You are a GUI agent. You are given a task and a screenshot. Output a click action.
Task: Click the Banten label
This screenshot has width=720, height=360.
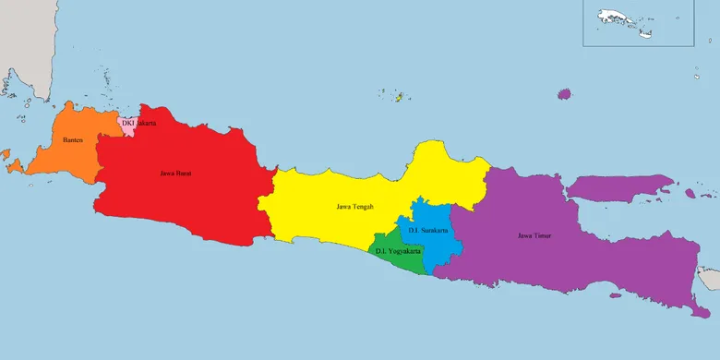pos(73,140)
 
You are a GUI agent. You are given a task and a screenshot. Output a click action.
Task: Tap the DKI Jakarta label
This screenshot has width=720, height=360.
pos(138,122)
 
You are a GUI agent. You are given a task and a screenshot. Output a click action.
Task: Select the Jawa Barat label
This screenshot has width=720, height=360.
pos(175,173)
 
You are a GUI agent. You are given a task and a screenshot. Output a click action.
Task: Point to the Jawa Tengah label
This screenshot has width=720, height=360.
pos(355,206)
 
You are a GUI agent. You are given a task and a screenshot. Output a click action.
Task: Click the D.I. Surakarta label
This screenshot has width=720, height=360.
pos(428,230)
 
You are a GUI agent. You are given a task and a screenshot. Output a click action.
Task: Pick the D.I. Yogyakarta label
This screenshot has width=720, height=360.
pos(399,251)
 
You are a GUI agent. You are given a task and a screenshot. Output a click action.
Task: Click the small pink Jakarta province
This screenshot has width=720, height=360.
pos(127,127)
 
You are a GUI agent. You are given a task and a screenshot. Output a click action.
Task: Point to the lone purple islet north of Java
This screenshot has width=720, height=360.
pos(564,93)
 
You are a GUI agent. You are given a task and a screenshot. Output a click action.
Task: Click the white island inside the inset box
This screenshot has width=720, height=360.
pos(618,18)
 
